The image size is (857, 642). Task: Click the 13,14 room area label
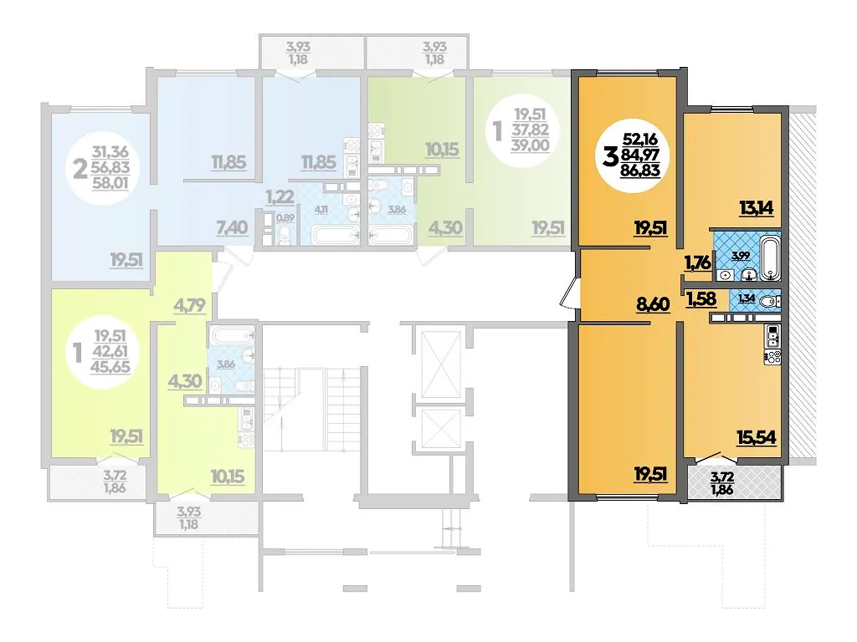[757, 207]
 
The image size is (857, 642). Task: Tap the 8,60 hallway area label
[653, 303]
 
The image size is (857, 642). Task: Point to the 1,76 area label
[698, 262]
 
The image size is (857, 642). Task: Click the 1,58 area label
[700, 298]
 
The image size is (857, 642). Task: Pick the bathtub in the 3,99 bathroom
[769, 257]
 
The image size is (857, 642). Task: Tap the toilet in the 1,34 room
[771, 301]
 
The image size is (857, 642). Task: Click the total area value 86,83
[640, 170]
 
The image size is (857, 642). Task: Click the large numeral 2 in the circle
[80, 169]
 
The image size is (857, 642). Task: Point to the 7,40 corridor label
[232, 227]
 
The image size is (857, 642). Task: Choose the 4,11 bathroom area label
[321, 209]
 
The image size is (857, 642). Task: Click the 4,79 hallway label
[189, 305]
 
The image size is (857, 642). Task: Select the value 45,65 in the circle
[110, 366]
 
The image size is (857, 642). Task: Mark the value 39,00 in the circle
[530, 145]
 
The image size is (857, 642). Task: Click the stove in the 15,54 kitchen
[772, 358]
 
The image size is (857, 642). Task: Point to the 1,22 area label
[280, 196]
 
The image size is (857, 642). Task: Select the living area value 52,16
[640, 140]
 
